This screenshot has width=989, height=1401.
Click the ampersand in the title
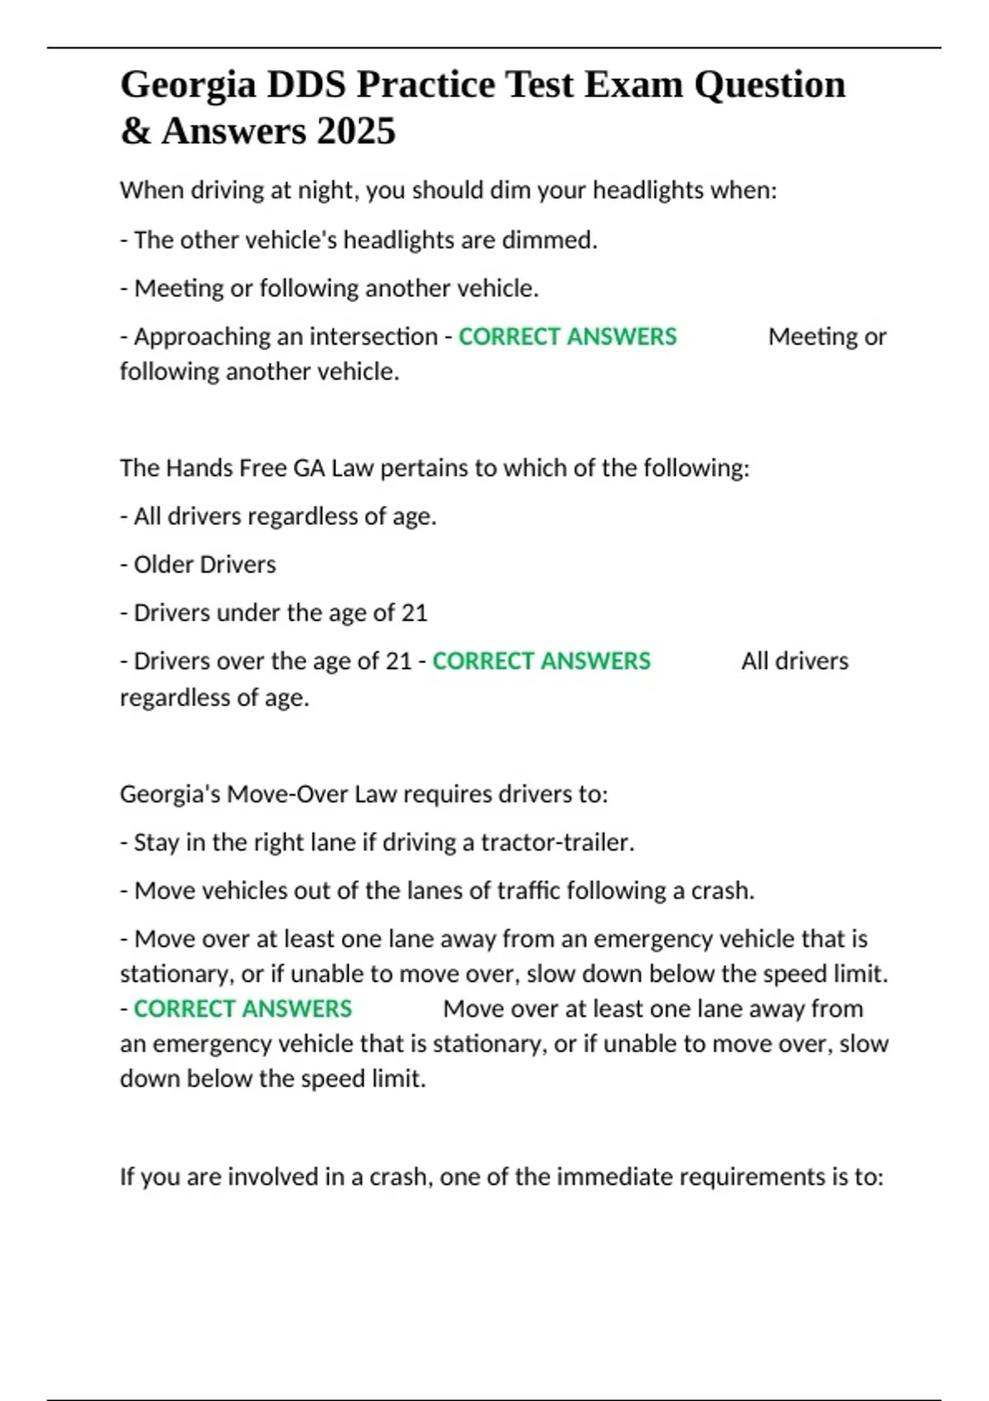(134, 131)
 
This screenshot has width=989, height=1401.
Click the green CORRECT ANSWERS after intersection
(567, 336)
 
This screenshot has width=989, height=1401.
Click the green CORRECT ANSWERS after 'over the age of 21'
(541, 661)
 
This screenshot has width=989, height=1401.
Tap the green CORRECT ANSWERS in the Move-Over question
(242, 1009)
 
